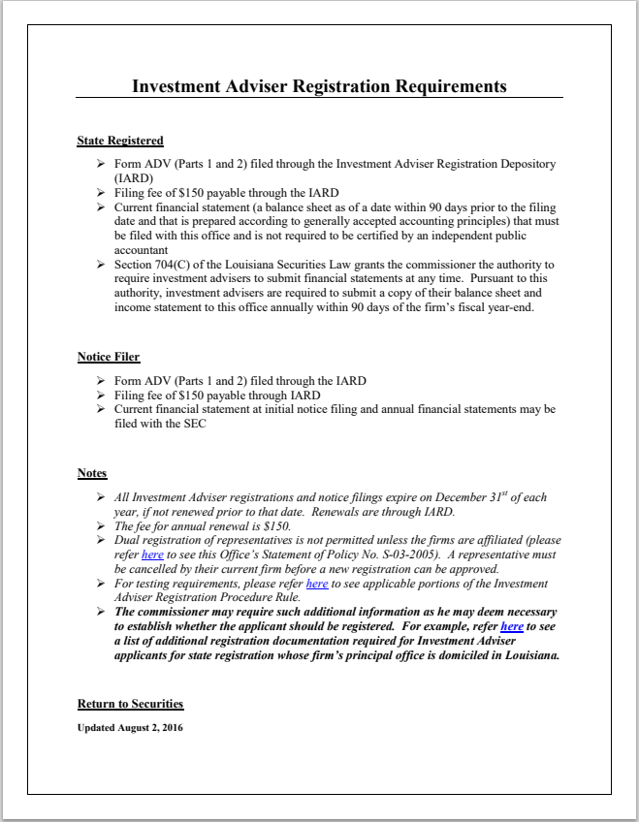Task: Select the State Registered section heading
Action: pyautogui.click(x=120, y=142)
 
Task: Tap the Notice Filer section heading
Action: pyautogui.click(x=109, y=358)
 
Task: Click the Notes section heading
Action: pyautogui.click(x=92, y=474)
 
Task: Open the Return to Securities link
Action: pyautogui.click(x=130, y=704)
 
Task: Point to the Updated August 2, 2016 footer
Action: pyautogui.click(x=129, y=727)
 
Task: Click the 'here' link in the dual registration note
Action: pyautogui.click(x=152, y=554)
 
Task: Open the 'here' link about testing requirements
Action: pyautogui.click(x=317, y=584)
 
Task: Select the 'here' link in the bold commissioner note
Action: pyautogui.click(x=511, y=627)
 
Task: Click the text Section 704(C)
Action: pyautogui.click(x=151, y=265)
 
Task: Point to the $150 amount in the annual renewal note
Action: pyautogui.click(x=276, y=525)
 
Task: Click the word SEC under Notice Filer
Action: pyautogui.click(x=196, y=424)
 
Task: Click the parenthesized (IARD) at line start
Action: pyautogui.click(x=132, y=179)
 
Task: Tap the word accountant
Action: pyautogui.click(x=144, y=249)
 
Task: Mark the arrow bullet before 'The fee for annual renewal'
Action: pyautogui.click(x=101, y=525)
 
